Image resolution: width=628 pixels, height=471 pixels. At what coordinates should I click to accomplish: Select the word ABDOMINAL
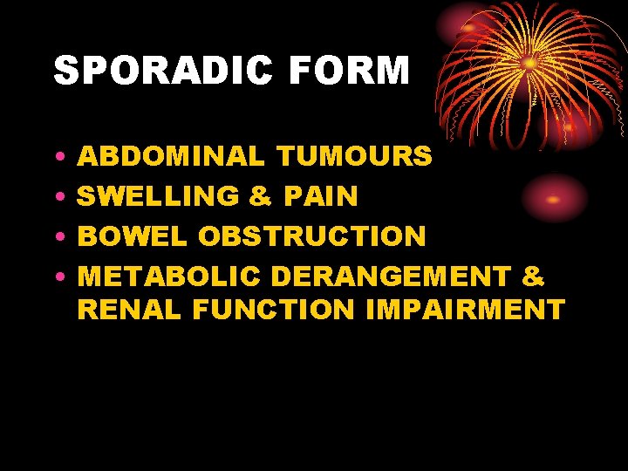pos(171,157)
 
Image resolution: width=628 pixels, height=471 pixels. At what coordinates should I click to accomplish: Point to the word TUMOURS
pos(353,157)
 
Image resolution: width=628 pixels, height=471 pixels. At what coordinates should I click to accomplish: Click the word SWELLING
pos(159,196)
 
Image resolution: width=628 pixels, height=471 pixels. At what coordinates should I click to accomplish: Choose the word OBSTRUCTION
pos(312,236)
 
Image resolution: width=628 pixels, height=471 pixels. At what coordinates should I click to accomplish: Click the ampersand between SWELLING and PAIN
pos(261,196)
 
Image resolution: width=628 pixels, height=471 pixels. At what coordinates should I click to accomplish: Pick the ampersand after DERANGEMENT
pos(533,277)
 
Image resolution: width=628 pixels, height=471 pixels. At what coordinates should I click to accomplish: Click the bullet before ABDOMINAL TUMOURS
pos(58,158)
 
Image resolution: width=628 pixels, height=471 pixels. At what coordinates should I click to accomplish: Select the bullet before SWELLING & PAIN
pos(58,197)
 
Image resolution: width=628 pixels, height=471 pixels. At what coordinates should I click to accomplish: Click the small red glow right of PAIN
pos(553,198)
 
